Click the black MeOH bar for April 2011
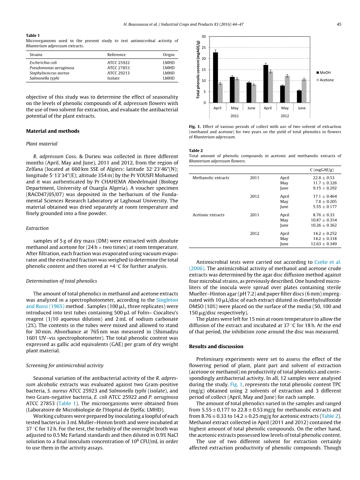point(215,77)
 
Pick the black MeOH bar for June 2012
point(299,96)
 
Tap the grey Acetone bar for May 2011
point(237,91)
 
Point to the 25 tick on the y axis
point(204,48)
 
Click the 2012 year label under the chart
point(285,116)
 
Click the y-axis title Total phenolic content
point(198,70)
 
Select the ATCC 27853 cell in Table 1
point(119,68)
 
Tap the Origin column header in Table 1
point(169,55)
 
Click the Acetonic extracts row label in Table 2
point(208,215)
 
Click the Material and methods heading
point(52,131)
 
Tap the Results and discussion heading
point(216,347)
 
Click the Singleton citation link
point(167,300)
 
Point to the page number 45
point(339,25)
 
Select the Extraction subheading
point(37,228)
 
